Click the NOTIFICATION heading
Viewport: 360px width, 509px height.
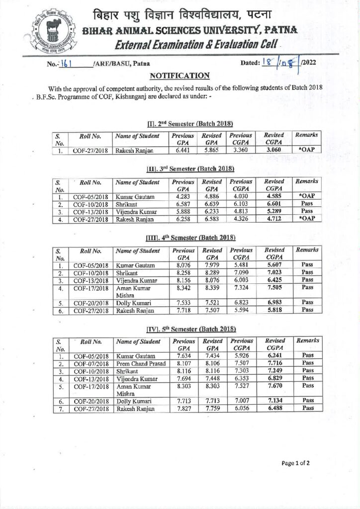click(180, 76)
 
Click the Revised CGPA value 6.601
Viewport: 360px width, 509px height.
click(274, 204)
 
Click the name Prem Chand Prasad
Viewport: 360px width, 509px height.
click(139, 363)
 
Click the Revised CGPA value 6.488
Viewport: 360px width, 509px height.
click(274, 409)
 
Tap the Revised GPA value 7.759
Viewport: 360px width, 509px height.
click(213, 409)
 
